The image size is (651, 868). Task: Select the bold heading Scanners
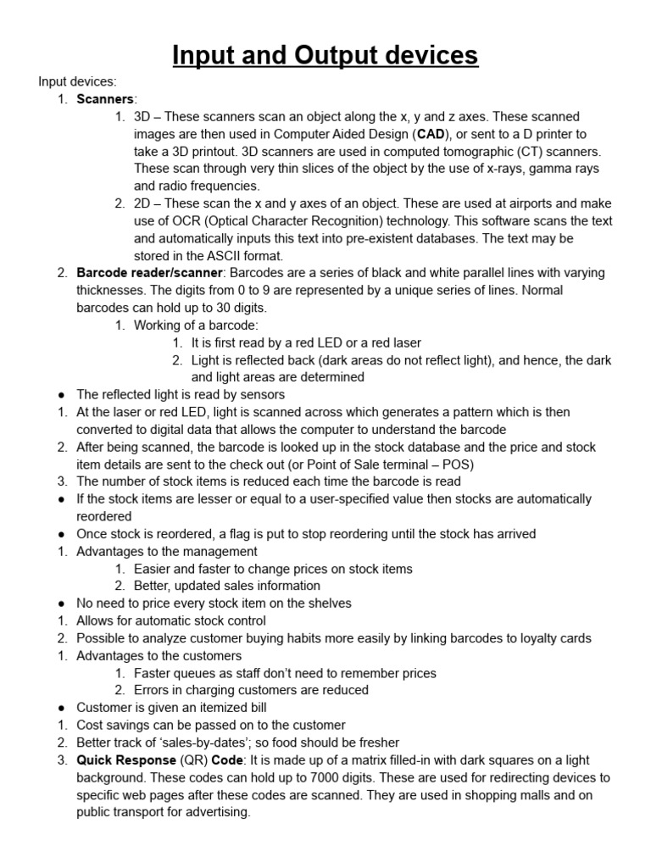click(105, 99)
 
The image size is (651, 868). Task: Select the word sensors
click(262, 394)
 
